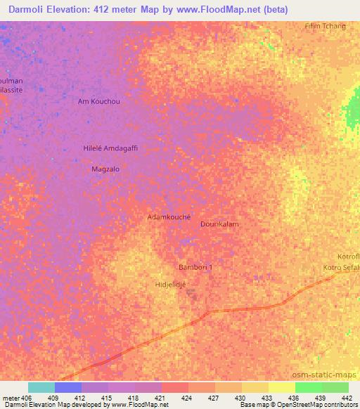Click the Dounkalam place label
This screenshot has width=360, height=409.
(x=219, y=224)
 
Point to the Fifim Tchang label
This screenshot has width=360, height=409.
(x=325, y=26)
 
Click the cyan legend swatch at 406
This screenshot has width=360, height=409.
(x=41, y=387)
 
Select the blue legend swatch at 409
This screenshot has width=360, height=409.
(x=68, y=387)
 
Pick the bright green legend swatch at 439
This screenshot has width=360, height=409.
(x=309, y=387)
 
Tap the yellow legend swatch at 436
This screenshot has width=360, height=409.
(x=282, y=387)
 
